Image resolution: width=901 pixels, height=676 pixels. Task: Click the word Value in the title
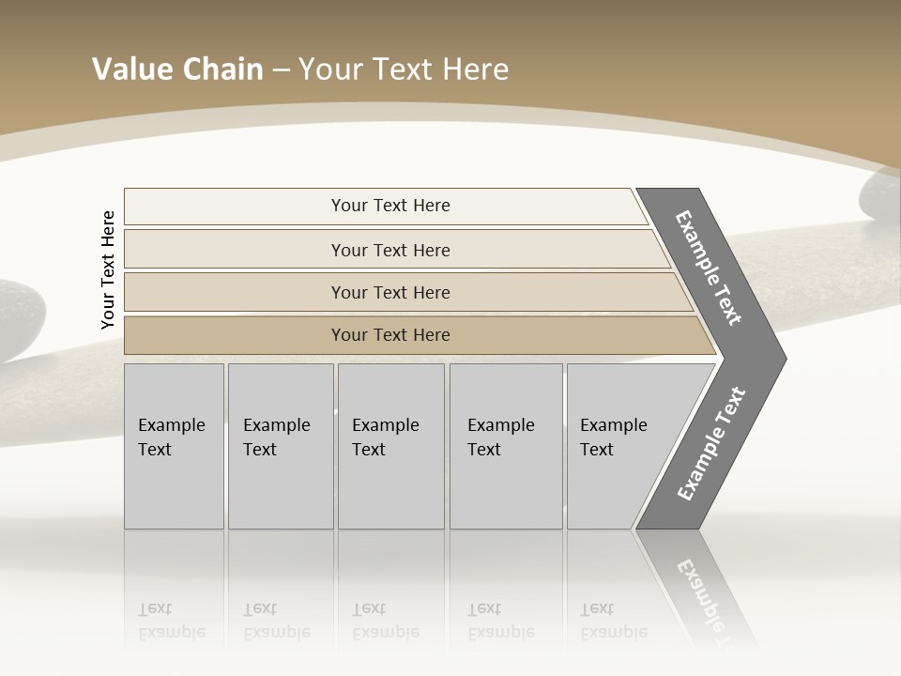[x=130, y=69]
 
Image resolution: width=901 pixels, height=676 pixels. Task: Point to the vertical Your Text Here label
[x=108, y=269]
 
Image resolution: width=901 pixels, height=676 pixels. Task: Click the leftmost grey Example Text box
[x=174, y=446]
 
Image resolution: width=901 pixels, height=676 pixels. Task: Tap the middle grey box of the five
[x=390, y=446]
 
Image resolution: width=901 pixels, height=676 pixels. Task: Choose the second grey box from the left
[x=281, y=446]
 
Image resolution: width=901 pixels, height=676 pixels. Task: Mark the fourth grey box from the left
[x=506, y=446]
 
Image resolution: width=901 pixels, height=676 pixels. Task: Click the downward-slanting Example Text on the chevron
[x=709, y=268]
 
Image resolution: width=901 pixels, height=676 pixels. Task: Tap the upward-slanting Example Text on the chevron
[x=710, y=444]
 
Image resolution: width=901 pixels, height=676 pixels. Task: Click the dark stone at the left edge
[x=19, y=319]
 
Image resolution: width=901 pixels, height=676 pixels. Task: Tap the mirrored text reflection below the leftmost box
[x=172, y=621]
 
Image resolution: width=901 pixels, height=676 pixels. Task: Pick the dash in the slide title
[x=281, y=70]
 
